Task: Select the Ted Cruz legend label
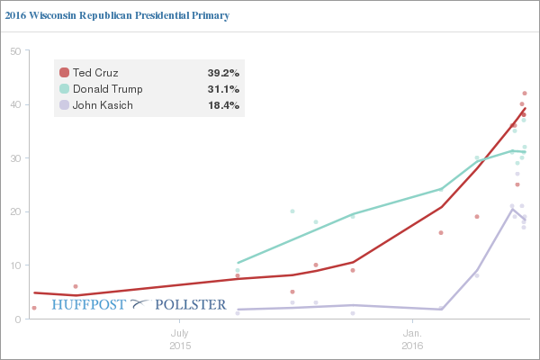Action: click(97, 72)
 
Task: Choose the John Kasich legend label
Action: click(103, 105)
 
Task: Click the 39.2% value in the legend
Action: click(223, 72)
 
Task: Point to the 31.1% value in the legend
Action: click(223, 89)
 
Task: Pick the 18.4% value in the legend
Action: click(223, 105)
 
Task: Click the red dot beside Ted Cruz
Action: click(64, 72)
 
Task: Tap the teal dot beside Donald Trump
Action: click(64, 89)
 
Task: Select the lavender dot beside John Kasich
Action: click(64, 105)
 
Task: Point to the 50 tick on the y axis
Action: click(15, 50)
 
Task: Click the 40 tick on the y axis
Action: click(15, 104)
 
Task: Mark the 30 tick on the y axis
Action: click(15, 158)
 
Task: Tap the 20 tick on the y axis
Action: click(15, 211)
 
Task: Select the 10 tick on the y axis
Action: click(15, 265)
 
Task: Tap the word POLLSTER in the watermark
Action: click(191, 304)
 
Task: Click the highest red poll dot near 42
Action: click(525, 94)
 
